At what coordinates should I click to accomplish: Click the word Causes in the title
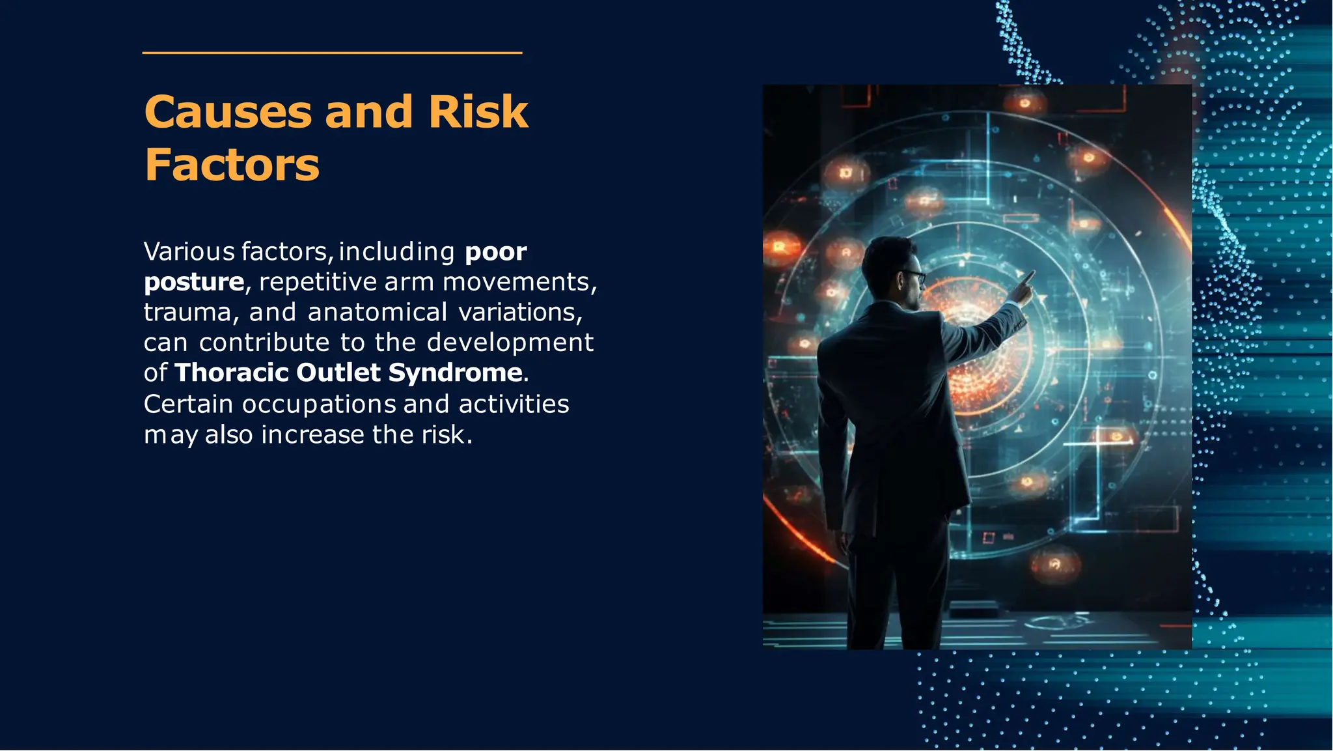(228, 112)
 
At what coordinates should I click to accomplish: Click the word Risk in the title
(478, 112)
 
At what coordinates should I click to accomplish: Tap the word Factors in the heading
(232, 165)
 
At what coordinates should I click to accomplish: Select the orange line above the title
(332, 53)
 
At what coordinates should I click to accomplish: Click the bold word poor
(495, 252)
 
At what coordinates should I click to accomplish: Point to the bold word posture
(193, 282)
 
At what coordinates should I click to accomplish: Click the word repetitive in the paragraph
(318, 282)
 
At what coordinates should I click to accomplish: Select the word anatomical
(377, 313)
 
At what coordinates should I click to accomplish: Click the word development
(510, 343)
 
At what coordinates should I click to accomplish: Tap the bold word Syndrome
(455, 373)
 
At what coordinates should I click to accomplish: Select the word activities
(514, 404)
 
